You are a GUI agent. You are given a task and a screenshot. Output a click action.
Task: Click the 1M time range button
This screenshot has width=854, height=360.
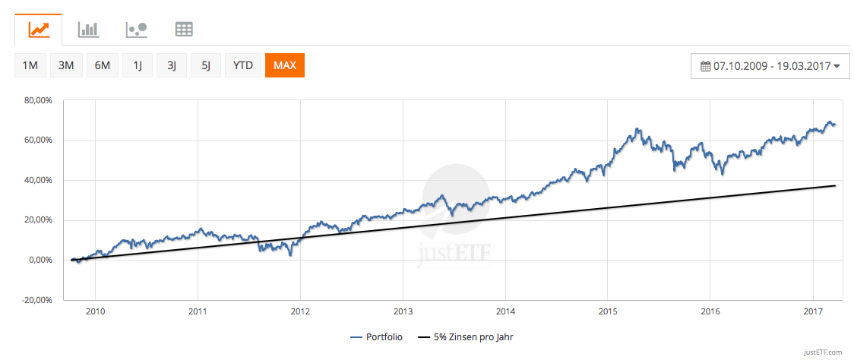pos(30,65)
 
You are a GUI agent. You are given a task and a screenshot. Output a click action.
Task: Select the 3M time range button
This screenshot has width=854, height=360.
pos(66,65)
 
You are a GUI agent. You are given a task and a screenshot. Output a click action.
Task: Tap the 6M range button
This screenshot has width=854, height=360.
pos(102,65)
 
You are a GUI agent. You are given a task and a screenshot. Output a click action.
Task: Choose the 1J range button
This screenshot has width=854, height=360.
pos(138,65)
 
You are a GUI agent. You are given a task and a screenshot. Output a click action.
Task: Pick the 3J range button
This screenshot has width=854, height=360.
pos(172,65)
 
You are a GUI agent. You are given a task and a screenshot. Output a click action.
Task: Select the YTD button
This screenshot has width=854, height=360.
pos(243,65)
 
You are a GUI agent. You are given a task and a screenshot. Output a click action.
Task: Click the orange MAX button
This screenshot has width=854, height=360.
pos(285,65)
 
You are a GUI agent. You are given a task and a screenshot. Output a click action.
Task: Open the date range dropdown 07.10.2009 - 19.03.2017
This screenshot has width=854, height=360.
pos(770,66)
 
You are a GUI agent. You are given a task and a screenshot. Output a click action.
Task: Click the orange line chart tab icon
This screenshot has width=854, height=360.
pos(39,30)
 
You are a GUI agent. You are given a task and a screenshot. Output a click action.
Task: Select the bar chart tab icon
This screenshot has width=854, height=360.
pos(88,30)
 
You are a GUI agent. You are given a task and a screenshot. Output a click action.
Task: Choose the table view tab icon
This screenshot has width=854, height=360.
pos(184,30)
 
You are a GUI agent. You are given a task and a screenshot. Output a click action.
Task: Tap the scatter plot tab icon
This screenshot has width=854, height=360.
pos(136,30)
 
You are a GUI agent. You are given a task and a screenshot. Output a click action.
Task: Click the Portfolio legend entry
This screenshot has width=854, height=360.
pos(377,336)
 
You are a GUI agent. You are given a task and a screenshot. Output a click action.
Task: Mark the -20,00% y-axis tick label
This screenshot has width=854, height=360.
pos(36,300)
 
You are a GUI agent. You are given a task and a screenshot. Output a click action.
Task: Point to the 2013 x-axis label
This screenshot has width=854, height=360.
pos(403,311)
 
